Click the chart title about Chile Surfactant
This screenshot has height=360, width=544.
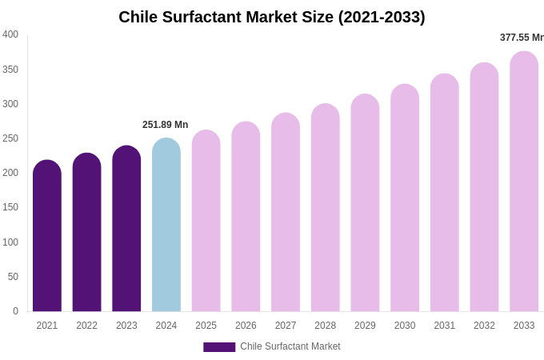272,17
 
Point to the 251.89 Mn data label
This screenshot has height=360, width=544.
166,125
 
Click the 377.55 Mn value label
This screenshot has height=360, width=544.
522,38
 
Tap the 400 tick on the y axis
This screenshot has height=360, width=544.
10,34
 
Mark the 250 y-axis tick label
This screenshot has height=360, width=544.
10,138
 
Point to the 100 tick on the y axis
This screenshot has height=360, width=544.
10,242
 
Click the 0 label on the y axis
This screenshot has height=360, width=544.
15,311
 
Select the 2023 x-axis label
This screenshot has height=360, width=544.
126,326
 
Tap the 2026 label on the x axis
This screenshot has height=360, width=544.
246,326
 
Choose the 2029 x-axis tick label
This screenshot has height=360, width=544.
365,326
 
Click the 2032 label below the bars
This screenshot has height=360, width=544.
484,326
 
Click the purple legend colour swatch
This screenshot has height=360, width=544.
219,347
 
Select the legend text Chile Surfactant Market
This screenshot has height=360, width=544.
290,346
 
